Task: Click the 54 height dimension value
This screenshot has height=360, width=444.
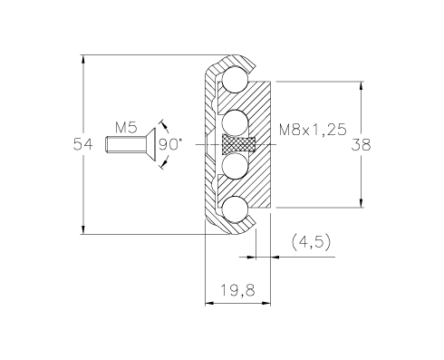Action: [x=83, y=144]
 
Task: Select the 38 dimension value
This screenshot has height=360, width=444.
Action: [x=361, y=145]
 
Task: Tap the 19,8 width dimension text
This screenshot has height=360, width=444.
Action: [x=238, y=290]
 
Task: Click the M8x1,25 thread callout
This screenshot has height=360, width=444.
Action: [x=313, y=130]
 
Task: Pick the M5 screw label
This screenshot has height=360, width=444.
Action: [x=126, y=128]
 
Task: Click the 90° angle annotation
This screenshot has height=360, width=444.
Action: [x=170, y=144]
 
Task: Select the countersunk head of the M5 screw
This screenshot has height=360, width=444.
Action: [x=150, y=144]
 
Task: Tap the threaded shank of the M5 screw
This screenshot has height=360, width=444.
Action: [x=126, y=144]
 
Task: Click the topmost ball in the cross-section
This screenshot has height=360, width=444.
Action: [x=235, y=80]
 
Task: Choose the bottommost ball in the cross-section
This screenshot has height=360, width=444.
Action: [x=235, y=209]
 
